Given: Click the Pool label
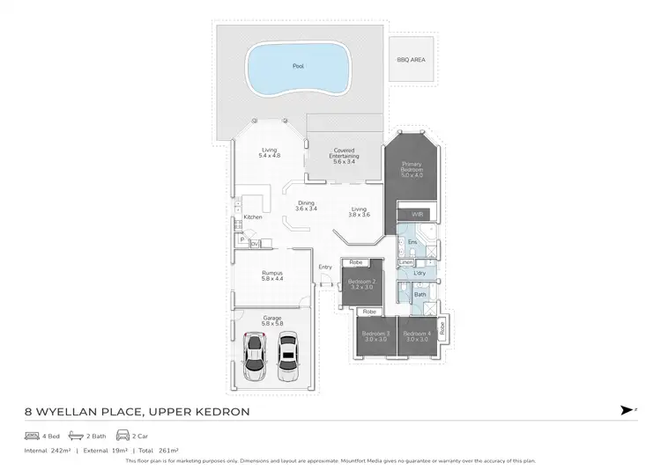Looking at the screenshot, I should point(297,66).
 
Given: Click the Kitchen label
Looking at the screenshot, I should point(253,217).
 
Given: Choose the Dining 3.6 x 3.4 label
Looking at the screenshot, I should point(306,206).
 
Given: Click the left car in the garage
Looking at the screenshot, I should point(256,356).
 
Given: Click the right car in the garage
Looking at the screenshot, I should point(288,356).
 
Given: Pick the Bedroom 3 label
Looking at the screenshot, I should point(376,336).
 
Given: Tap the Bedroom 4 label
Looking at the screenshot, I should point(417,336).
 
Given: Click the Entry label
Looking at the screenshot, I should point(325,267).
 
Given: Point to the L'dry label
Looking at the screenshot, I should point(420,274).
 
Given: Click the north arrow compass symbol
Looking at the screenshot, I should point(627,410).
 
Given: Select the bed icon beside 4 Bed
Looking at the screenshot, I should point(33,436).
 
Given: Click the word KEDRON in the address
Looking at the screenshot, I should point(221,412).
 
